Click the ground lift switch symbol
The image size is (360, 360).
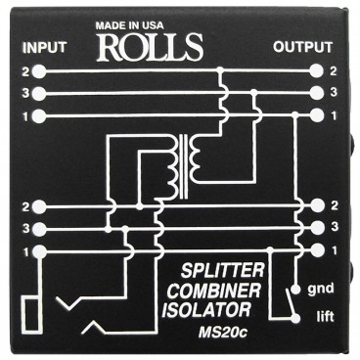[x=292, y=292]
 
